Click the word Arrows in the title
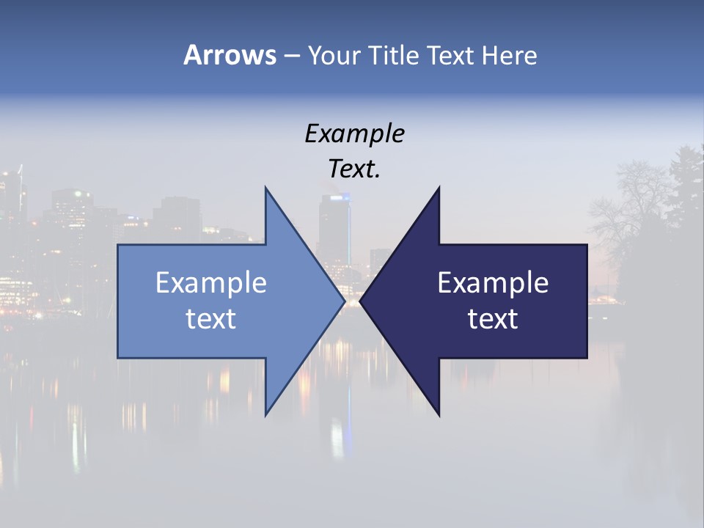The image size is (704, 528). (x=230, y=55)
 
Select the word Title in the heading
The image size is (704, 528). (x=394, y=55)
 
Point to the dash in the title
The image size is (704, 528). (x=291, y=56)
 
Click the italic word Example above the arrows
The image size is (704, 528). (x=354, y=133)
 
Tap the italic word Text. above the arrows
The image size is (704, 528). (x=354, y=169)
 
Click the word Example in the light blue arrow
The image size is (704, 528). (x=211, y=282)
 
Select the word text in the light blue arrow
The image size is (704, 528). (x=211, y=319)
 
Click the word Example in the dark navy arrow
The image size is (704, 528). (x=493, y=282)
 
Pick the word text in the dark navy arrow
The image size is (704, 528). (x=493, y=319)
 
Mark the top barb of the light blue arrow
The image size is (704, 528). (x=267, y=192)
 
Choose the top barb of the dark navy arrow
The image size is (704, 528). (x=438, y=192)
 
